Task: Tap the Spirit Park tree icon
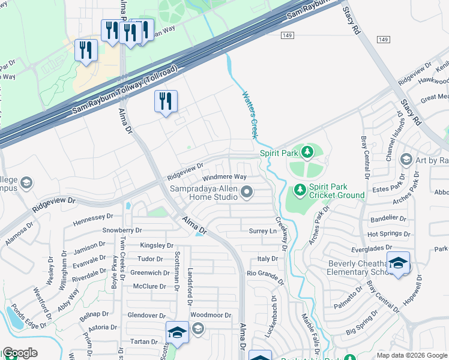point(307,152)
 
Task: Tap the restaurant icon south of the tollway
point(165,101)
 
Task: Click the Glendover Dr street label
point(146,315)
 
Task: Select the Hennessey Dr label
point(93,218)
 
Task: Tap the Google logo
point(20,353)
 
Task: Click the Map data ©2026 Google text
point(412,355)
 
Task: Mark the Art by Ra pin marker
point(406,159)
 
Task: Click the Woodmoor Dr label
point(211,315)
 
